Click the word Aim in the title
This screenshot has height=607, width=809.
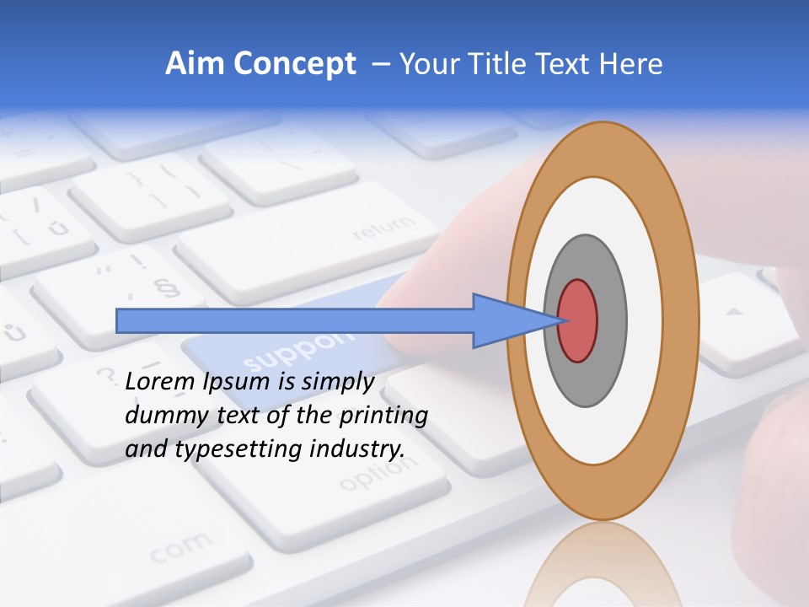click(195, 64)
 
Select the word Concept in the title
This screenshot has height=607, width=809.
click(294, 64)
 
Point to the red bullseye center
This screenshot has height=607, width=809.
click(577, 320)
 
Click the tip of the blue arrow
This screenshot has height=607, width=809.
click(559, 320)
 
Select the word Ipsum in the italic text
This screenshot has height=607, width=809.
click(237, 382)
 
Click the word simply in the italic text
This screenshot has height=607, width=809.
click(338, 382)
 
